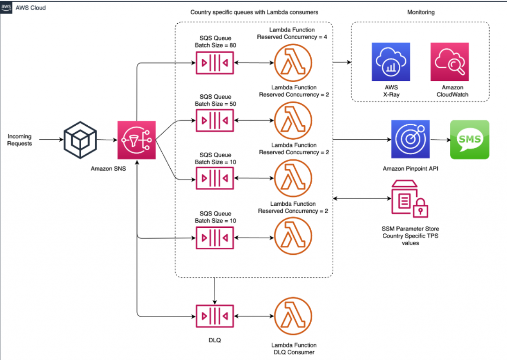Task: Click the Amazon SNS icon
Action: click(136, 140)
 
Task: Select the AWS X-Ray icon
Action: click(391, 62)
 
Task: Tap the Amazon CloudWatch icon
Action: click(449, 62)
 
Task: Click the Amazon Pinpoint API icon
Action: click(410, 139)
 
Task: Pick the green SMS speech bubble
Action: click(469, 139)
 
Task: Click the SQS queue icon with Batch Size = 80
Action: click(214, 63)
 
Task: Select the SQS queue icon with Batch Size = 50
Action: click(214, 121)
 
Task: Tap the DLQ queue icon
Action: click(214, 316)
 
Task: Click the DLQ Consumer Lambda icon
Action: click(293, 316)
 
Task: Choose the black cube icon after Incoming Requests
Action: click(80, 140)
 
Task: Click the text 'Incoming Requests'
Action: click(19, 140)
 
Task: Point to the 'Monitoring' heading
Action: click(421, 12)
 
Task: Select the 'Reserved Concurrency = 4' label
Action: click(293, 37)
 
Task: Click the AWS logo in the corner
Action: click(6, 7)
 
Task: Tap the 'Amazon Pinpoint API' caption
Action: click(410, 168)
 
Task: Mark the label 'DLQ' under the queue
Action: click(214, 340)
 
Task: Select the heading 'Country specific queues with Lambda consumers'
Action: click(254, 12)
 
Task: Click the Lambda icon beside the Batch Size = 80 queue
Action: click(293, 63)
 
